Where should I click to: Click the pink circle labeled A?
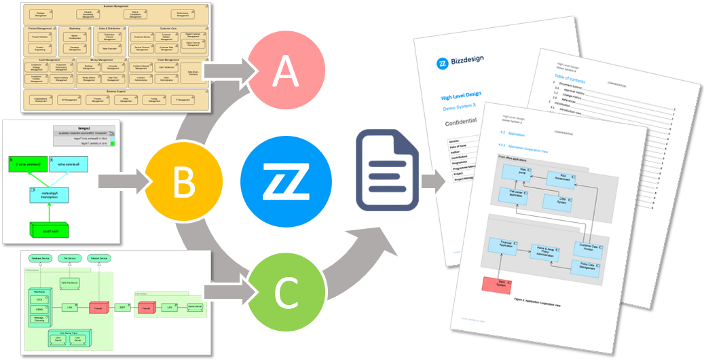(286, 72)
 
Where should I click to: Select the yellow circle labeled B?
(182, 181)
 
